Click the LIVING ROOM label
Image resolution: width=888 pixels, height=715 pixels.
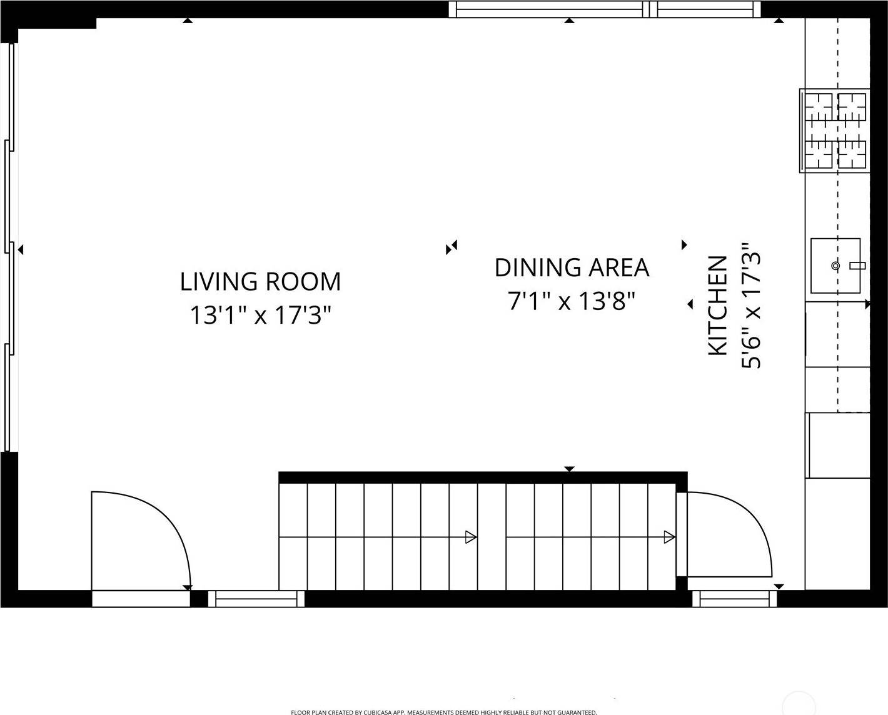tap(260, 281)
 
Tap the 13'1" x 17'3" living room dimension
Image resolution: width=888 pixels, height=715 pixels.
tap(260, 315)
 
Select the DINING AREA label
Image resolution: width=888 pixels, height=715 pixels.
tap(572, 267)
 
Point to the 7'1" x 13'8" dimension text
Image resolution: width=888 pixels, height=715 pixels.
tap(572, 301)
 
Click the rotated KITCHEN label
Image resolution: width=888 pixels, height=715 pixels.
tap(717, 306)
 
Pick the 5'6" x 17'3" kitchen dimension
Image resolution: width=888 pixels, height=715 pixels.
tap(751, 306)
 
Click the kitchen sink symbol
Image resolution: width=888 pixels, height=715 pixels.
tap(835, 266)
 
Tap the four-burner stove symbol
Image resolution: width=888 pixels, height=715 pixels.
tap(835, 131)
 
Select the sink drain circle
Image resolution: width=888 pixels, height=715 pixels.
tap(835, 266)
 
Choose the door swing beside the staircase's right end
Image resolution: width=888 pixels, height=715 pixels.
tap(729, 534)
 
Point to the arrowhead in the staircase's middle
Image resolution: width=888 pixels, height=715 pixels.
tap(471, 537)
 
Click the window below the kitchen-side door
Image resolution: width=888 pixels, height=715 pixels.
tap(734, 599)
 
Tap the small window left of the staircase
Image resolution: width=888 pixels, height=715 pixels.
tap(256, 599)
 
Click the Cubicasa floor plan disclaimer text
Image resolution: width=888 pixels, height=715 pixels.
tap(444, 712)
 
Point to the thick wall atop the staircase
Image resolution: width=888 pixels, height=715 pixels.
tap(482, 477)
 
